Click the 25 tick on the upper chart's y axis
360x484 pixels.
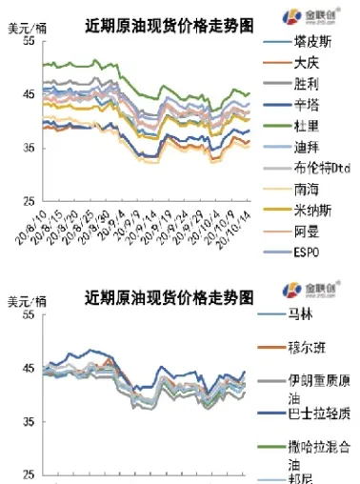[30, 201]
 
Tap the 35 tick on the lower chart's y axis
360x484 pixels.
[30, 420]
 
